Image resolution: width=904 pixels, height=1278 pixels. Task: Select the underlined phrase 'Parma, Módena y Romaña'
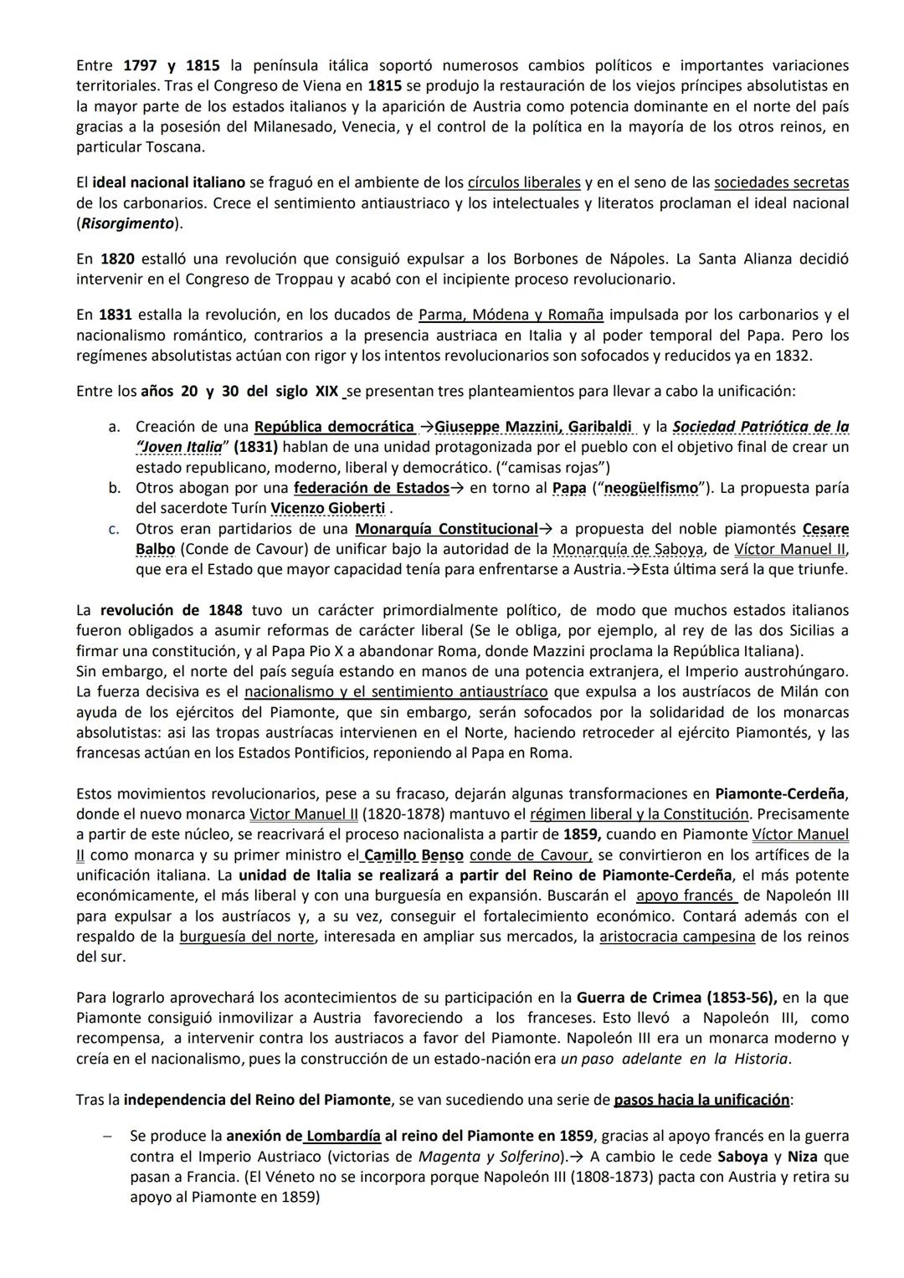pos(511,315)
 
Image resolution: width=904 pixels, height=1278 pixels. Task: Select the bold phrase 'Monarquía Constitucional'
pos(446,529)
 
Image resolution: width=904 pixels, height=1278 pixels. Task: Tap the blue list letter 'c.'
pos(115,529)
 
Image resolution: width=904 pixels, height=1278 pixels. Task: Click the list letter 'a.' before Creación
pos(115,427)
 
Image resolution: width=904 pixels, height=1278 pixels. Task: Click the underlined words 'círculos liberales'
pos(524,182)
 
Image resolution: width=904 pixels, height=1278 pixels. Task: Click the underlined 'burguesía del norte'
pos(247,937)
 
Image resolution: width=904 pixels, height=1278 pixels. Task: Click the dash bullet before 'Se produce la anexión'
pos(107,1136)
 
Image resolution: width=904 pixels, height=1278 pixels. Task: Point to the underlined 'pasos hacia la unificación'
pos(701,1099)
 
